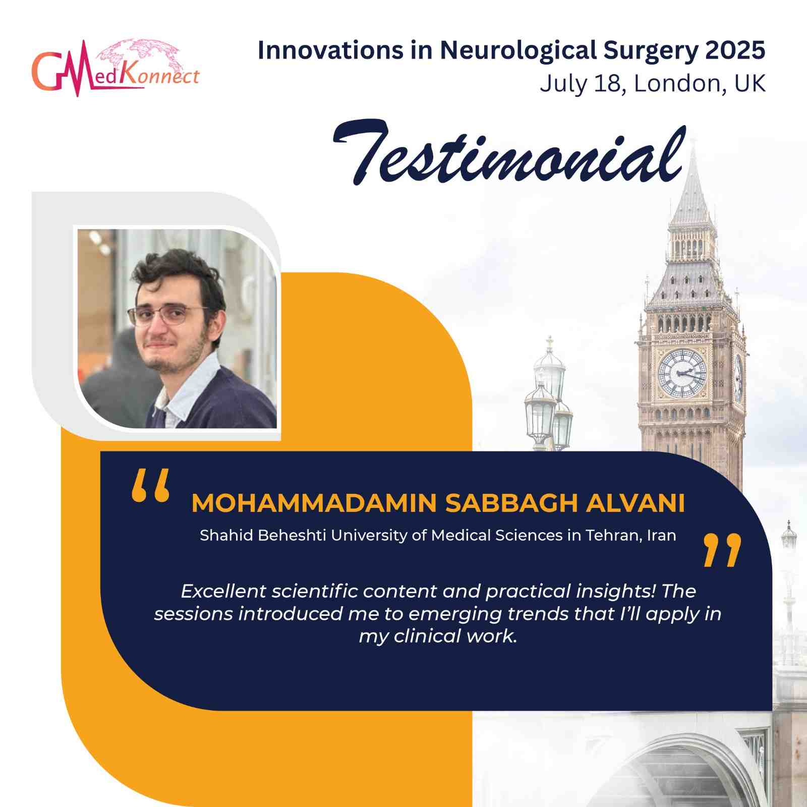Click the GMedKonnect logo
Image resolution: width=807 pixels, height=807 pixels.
point(116,68)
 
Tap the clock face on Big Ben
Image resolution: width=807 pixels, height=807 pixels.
point(682,373)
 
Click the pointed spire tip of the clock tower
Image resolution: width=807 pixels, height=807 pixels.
point(694,140)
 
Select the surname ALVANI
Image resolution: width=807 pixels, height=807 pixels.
point(635,503)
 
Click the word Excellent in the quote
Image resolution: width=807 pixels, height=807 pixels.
point(223,591)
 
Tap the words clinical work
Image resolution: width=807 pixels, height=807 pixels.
point(456,636)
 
